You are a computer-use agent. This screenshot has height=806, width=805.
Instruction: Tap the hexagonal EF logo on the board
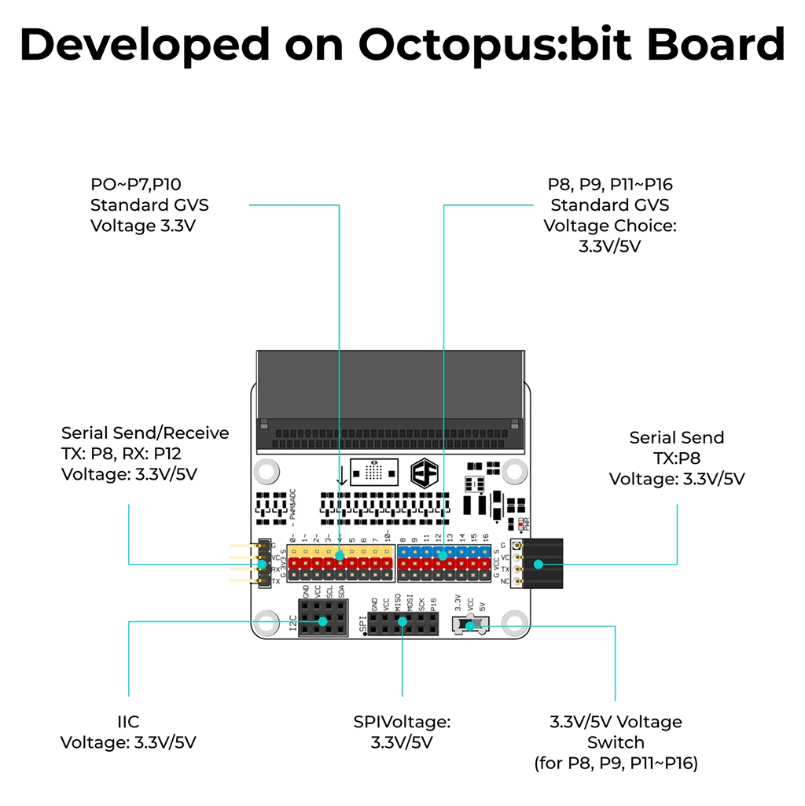425,473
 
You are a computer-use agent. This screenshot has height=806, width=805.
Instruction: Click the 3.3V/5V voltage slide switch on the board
469,626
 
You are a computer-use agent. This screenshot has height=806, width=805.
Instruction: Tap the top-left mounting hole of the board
267,471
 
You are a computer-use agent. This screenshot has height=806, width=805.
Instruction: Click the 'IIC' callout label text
128,721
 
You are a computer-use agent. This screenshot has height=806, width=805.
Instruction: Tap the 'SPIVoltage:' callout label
402,721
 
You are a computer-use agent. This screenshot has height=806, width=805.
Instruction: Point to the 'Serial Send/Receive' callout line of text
145,433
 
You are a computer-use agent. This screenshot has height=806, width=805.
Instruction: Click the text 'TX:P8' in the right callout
677,458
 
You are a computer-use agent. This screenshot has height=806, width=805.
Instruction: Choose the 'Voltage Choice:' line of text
610,226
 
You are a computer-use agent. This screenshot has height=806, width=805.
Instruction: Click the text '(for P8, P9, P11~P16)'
616,763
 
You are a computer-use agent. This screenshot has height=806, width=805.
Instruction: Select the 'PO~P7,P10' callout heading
136,185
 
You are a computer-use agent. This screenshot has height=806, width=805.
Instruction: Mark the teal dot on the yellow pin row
340,555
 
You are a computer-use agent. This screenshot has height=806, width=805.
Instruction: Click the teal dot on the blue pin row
443,555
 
